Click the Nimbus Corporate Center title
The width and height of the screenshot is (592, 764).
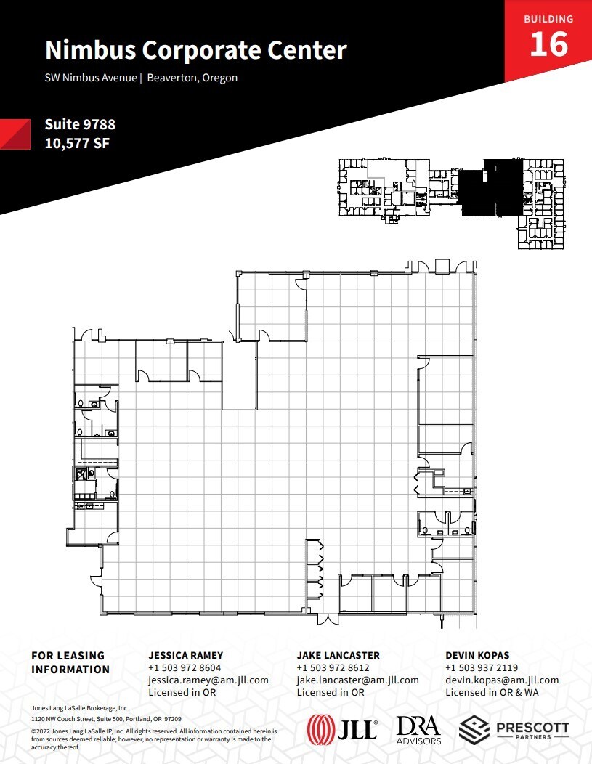tap(196, 51)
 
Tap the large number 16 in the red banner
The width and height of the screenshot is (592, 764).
tap(548, 44)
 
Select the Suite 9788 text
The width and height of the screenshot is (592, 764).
tap(80, 125)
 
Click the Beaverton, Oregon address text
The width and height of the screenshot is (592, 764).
tap(192, 78)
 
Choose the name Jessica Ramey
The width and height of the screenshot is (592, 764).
tap(185, 655)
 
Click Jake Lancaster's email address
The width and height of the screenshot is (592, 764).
tap(357, 680)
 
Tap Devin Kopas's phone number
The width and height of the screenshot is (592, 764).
tap(482, 668)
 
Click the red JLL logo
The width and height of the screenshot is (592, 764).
tap(342, 728)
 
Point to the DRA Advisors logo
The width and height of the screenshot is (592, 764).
tap(419, 729)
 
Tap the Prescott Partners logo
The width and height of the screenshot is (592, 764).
tap(514, 728)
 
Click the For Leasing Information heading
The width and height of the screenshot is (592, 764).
tap(70, 662)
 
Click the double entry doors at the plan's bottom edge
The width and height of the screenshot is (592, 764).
tap(328, 619)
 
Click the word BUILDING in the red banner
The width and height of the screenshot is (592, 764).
tap(548, 19)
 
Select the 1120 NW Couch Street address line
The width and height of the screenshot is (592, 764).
tap(106, 718)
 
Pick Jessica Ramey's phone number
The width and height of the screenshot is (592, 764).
tap(185, 668)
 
